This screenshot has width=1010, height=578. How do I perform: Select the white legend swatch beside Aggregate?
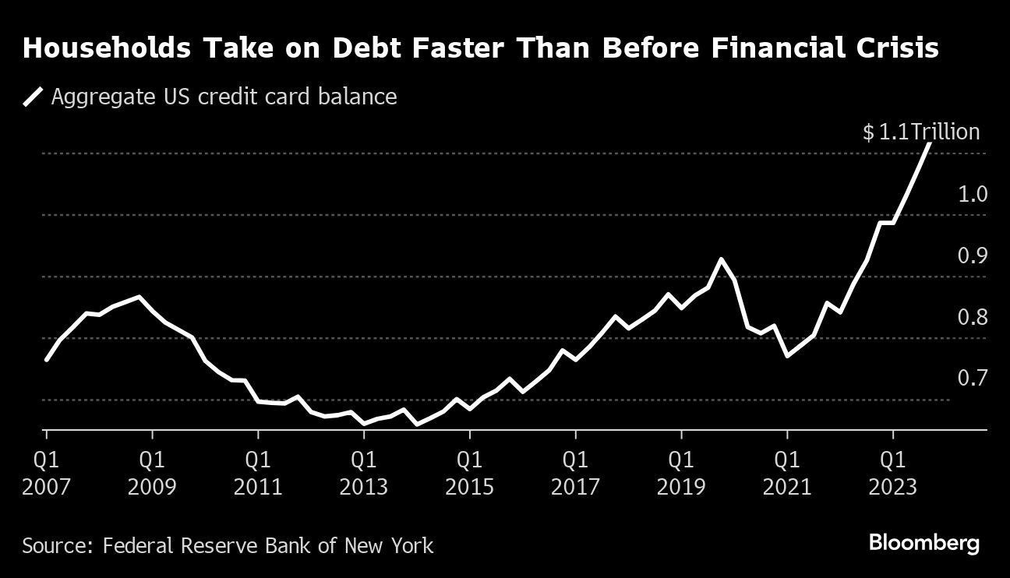pyautogui.click(x=33, y=97)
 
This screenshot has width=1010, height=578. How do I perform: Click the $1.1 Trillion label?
pyautogui.click(x=920, y=132)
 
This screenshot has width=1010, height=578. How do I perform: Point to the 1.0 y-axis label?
pyautogui.click(x=973, y=194)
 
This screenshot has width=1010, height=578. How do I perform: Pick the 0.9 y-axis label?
pyautogui.click(x=973, y=256)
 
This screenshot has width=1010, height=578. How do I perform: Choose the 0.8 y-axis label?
pyautogui.click(x=973, y=317)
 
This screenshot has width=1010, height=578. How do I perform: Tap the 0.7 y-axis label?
pyautogui.click(x=973, y=379)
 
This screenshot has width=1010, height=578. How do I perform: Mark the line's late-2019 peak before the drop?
pyautogui.click(x=721, y=259)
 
